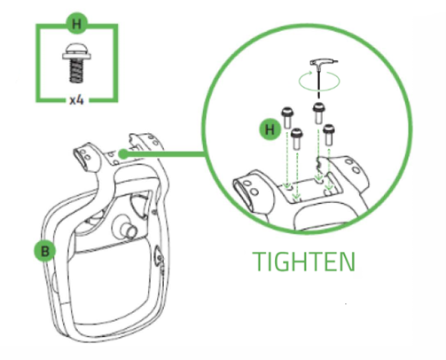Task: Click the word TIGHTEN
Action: tap(303, 262)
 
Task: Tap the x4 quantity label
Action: tap(77, 100)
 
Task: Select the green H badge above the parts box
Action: tap(77, 20)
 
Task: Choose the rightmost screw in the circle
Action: tap(330, 133)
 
